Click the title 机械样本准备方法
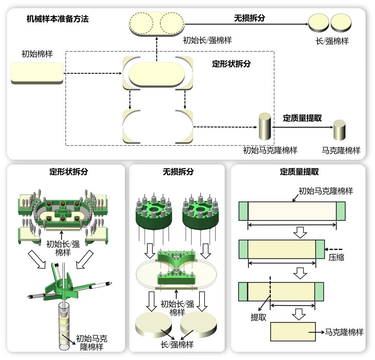[x=58, y=20]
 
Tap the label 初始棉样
[x=37, y=54]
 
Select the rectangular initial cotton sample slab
[x=37, y=72]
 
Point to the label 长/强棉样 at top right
[x=332, y=41]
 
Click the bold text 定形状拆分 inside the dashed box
[x=231, y=64]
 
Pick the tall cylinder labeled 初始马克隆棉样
[x=265, y=127]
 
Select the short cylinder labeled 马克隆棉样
[x=339, y=130]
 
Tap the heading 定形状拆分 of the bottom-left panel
[x=69, y=172]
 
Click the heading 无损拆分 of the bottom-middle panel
[x=178, y=172]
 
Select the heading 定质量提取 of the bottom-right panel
[x=300, y=172]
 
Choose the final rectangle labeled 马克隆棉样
[x=293, y=332]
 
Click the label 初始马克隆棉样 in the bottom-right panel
[x=326, y=191]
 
